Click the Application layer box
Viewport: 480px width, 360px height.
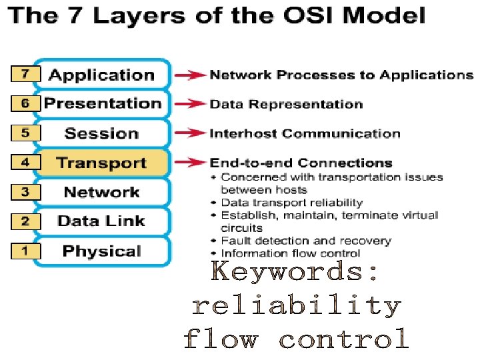(x=101, y=75)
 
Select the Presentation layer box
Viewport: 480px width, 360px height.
(x=102, y=104)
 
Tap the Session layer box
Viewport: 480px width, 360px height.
(x=102, y=133)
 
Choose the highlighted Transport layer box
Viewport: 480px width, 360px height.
(x=101, y=163)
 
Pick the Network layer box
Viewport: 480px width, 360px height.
(x=101, y=193)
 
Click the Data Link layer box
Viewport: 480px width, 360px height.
(x=101, y=221)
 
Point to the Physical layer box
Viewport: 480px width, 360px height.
(x=101, y=251)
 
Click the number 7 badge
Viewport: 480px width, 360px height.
(x=25, y=74)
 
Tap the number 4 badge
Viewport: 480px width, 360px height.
(x=25, y=162)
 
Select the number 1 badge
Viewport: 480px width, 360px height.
(x=25, y=251)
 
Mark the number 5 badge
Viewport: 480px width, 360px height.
(x=25, y=133)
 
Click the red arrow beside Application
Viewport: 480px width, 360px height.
(x=192, y=75)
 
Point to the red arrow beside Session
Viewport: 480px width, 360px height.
(x=192, y=133)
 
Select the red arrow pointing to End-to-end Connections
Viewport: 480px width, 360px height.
(x=192, y=163)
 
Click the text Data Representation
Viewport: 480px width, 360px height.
(x=286, y=105)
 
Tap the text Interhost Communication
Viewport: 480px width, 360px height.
(x=305, y=133)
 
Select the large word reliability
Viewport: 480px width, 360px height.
(x=296, y=306)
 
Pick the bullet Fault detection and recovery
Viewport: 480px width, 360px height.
(x=305, y=241)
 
